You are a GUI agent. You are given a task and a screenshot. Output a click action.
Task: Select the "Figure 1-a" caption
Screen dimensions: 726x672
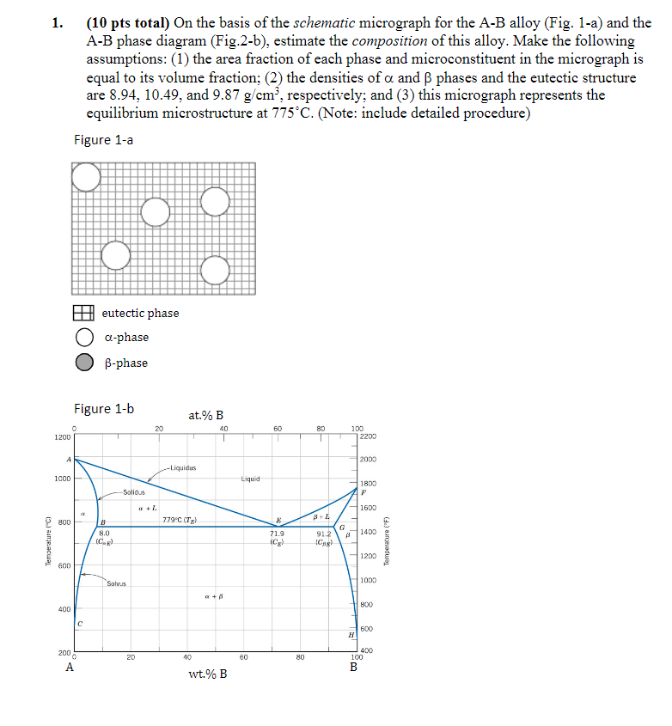coord(103,140)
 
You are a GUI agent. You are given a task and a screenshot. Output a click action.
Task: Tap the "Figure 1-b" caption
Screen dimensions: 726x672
coord(104,408)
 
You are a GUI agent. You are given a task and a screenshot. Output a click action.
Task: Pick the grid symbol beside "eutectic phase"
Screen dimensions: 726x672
coord(83,314)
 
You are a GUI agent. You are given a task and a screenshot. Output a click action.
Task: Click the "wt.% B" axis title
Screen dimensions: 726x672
coord(207,673)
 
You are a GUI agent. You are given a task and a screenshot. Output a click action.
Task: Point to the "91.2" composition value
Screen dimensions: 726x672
coord(326,534)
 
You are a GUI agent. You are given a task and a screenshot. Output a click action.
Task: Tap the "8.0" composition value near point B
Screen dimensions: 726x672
coord(102,534)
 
